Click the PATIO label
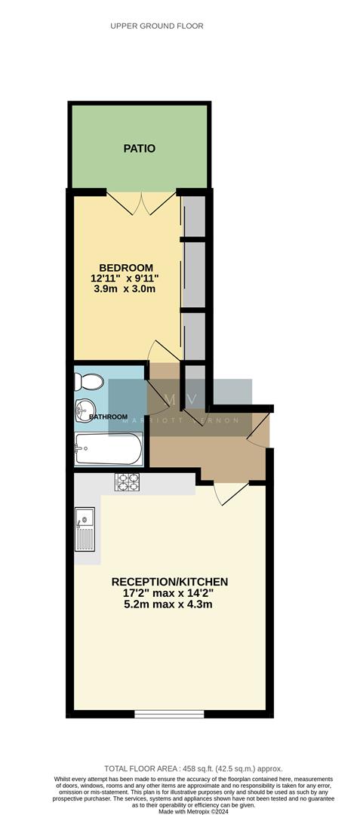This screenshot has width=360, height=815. click(x=140, y=149)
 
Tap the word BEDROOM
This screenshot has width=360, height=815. click(x=126, y=268)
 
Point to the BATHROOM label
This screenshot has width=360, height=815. click(x=108, y=417)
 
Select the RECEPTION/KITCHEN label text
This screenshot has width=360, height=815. click(x=169, y=582)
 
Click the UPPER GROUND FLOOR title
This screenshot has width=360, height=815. click(x=157, y=26)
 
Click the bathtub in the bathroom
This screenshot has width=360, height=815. click(x=108, y=450)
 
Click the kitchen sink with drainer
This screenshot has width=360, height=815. click(x=85, y=529)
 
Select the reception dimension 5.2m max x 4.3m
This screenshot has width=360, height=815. click(x=168, y=604)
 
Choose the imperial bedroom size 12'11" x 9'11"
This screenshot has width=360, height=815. click(x=125, y=278)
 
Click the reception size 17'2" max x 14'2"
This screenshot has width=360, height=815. click(x=168, y=593)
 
